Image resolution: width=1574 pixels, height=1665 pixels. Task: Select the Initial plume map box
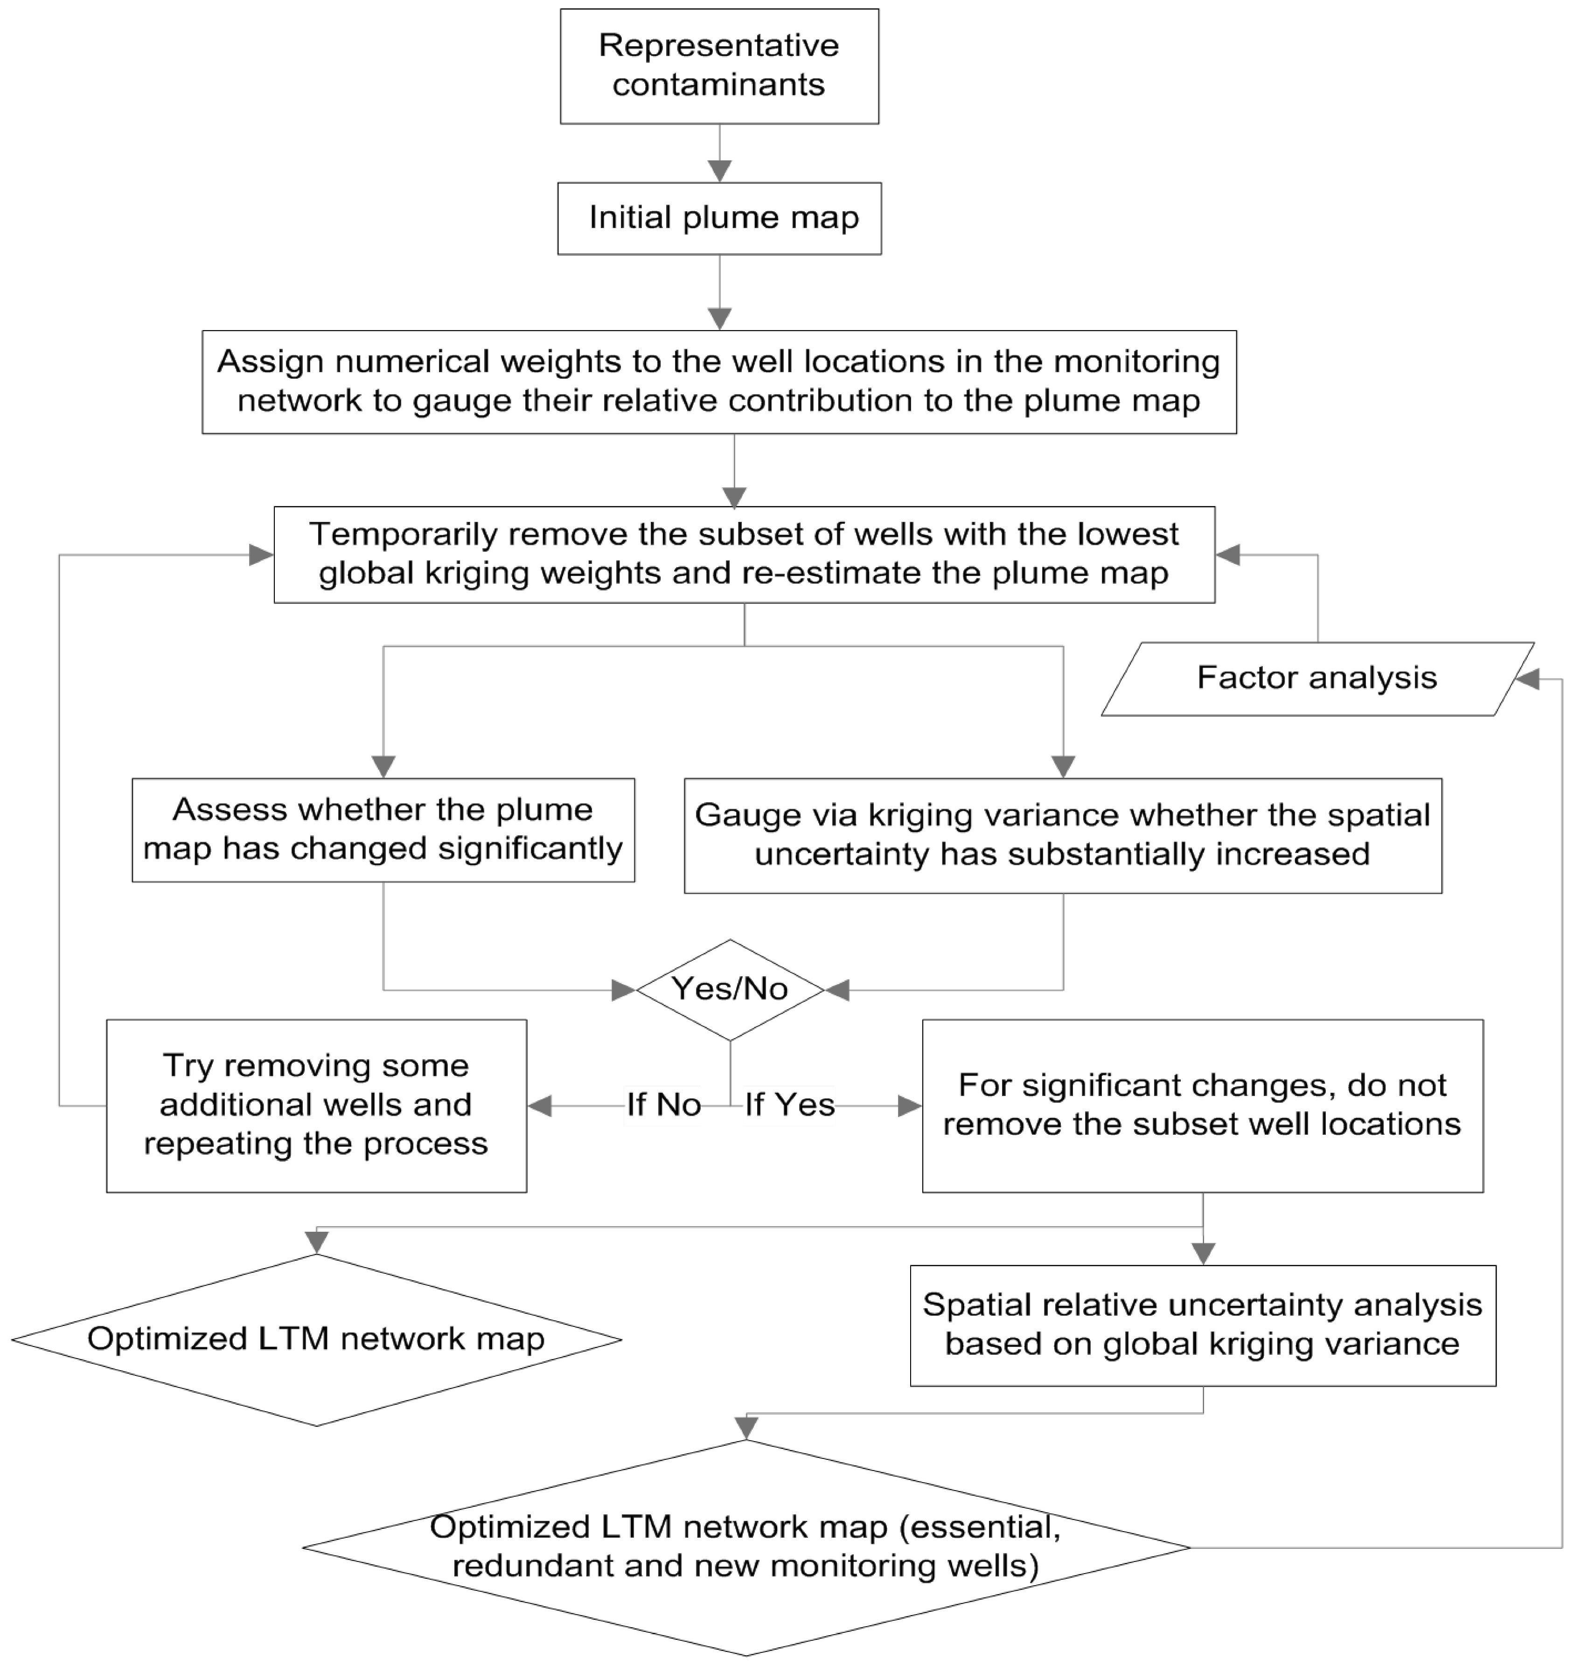(719, 218)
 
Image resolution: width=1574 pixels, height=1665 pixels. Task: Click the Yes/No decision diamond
(730, 990)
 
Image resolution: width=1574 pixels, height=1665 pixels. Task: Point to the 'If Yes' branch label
(789, 1105)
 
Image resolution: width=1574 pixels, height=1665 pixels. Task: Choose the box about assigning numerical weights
(719, 382)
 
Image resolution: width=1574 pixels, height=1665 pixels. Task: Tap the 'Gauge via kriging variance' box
(1062, 835)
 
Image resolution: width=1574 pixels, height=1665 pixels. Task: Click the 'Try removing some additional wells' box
(316, 1105)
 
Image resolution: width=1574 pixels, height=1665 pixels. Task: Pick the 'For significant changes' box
(1202, 1105)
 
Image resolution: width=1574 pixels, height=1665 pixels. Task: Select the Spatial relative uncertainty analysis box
(1202, 1325)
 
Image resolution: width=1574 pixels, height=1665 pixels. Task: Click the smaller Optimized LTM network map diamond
(316, 1339)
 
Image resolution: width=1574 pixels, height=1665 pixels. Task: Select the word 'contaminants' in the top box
(719, 85)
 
